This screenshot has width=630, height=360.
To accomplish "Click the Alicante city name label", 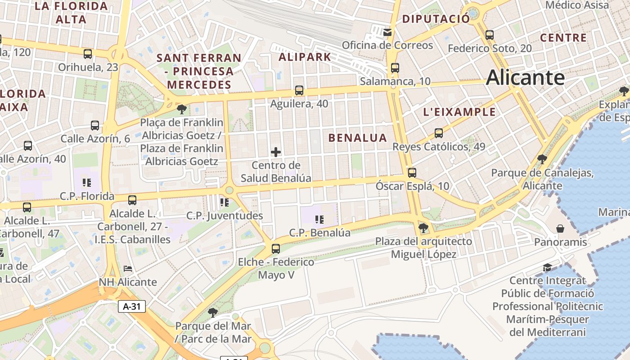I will pos(525,78).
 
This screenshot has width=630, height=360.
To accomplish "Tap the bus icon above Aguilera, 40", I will pos(299,90).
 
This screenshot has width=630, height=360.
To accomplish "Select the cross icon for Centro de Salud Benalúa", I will pos(276,152).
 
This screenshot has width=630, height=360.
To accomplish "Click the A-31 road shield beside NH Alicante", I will pos(132,307).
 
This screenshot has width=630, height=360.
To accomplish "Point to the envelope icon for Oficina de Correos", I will pos(387,32).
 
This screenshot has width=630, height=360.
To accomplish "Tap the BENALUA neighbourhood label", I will pos(358,138).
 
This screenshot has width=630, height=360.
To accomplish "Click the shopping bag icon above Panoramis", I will pos(560,229).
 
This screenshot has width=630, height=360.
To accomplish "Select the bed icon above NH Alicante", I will pos(128,269).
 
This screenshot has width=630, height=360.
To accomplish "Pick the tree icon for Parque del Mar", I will pos(213,312).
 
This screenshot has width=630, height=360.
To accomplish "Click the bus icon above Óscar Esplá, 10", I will pos(412,172).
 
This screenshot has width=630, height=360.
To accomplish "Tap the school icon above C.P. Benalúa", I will pos(319,219).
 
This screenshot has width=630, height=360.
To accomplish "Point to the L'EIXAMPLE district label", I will pos(459,112).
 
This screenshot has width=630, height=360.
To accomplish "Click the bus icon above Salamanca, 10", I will pos(395,68).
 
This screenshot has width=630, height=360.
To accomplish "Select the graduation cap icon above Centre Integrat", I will pos(547,267).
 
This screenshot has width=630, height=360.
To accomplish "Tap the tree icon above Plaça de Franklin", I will pos(182,109).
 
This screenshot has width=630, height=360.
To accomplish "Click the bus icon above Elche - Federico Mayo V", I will pos(276,248).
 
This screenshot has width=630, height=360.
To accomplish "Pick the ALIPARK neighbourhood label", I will pos(305,57).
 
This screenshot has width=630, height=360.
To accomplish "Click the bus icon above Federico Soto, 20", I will pos(490,35).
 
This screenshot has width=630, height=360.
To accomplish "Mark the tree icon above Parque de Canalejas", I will pos(542,159).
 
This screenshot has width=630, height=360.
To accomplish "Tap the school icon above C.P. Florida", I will pos(87,183).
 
